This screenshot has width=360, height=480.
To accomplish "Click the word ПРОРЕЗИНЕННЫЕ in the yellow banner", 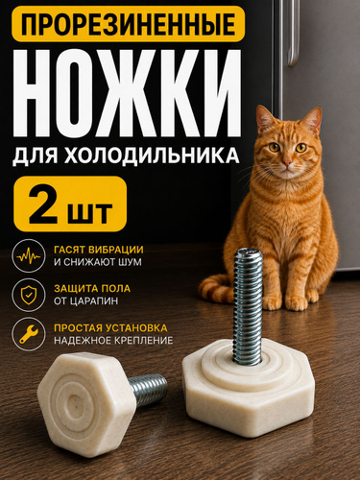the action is (129, 24).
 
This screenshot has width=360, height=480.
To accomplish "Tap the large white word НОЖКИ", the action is (127, 93).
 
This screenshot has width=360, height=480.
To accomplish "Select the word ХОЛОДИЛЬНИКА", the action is (152, 156).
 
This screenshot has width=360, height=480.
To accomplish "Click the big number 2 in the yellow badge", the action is (43, 204).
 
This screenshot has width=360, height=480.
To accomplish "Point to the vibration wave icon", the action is (29, 256).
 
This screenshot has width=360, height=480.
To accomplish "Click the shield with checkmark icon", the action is (29, 295).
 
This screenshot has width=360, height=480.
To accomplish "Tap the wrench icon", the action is (29, 334).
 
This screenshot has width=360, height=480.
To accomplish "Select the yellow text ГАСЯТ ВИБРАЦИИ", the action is (99, 250).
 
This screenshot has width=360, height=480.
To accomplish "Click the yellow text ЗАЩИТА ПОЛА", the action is (92, 288).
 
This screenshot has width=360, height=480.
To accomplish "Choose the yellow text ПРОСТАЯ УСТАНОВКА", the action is (110, 328).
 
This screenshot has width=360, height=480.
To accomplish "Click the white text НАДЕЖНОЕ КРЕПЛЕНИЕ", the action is (113, 340).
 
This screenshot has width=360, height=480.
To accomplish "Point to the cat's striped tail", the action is (213, 290).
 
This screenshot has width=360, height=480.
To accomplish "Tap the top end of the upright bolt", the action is (249, 252).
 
